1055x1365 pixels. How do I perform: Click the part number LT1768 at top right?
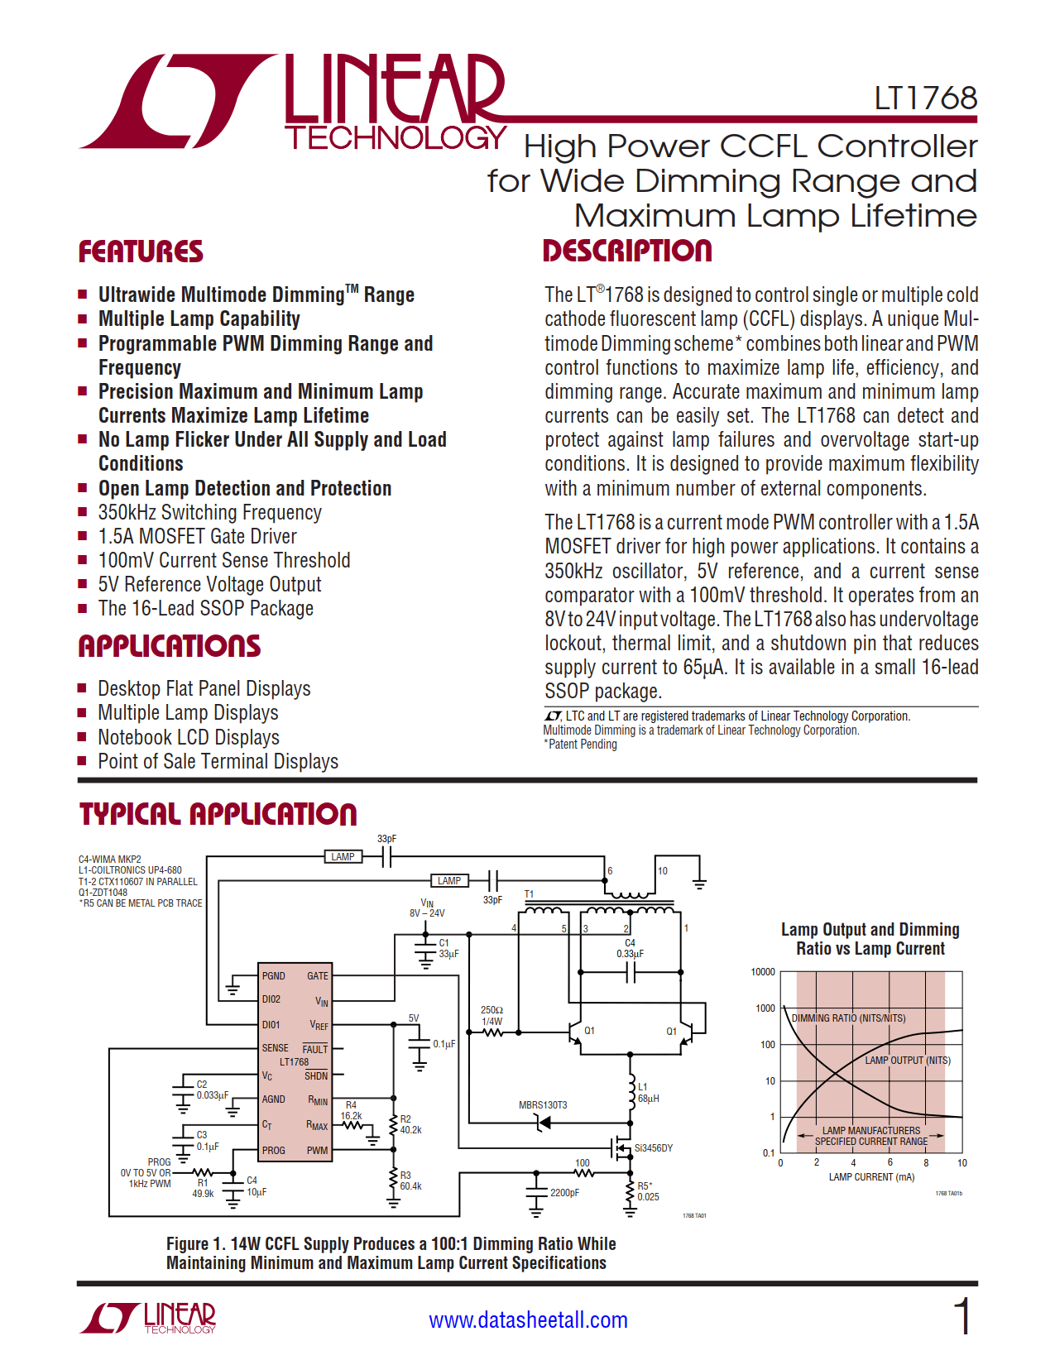tap(925, 98)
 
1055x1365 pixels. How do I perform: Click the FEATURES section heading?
tap(141, 251)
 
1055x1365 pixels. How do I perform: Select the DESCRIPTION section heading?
tap(626, 251)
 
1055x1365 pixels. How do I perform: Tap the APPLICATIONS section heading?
tap(169, 646)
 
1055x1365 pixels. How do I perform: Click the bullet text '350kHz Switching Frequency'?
tap(209, 512)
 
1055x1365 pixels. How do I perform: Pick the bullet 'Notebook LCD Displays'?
tap(189, 737)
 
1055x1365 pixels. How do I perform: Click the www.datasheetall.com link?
tap(528, 1319)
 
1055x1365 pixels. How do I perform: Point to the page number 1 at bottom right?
tap(962, 1316)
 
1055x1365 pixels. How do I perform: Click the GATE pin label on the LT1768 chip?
tap(318, 976)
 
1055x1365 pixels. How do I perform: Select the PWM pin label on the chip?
tap(317, 1151)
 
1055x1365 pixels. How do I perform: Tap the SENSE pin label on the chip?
tap(276, 1048)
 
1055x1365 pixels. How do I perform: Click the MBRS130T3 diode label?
tap(543, 1105)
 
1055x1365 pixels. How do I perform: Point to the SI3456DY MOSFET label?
tap(653, 1148)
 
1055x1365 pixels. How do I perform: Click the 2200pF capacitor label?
tap(564, 1193)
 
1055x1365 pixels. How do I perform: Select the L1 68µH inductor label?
tap(648, 1093)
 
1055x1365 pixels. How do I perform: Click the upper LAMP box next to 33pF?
tap(343, 857)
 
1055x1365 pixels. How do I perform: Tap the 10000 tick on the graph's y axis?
tap(763, 972)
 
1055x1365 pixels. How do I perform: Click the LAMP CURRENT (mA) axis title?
tap(871, 1176)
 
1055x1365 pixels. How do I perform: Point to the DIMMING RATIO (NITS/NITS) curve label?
tap(848, 1018)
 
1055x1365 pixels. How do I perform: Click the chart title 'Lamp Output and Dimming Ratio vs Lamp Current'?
tap(870, 939)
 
